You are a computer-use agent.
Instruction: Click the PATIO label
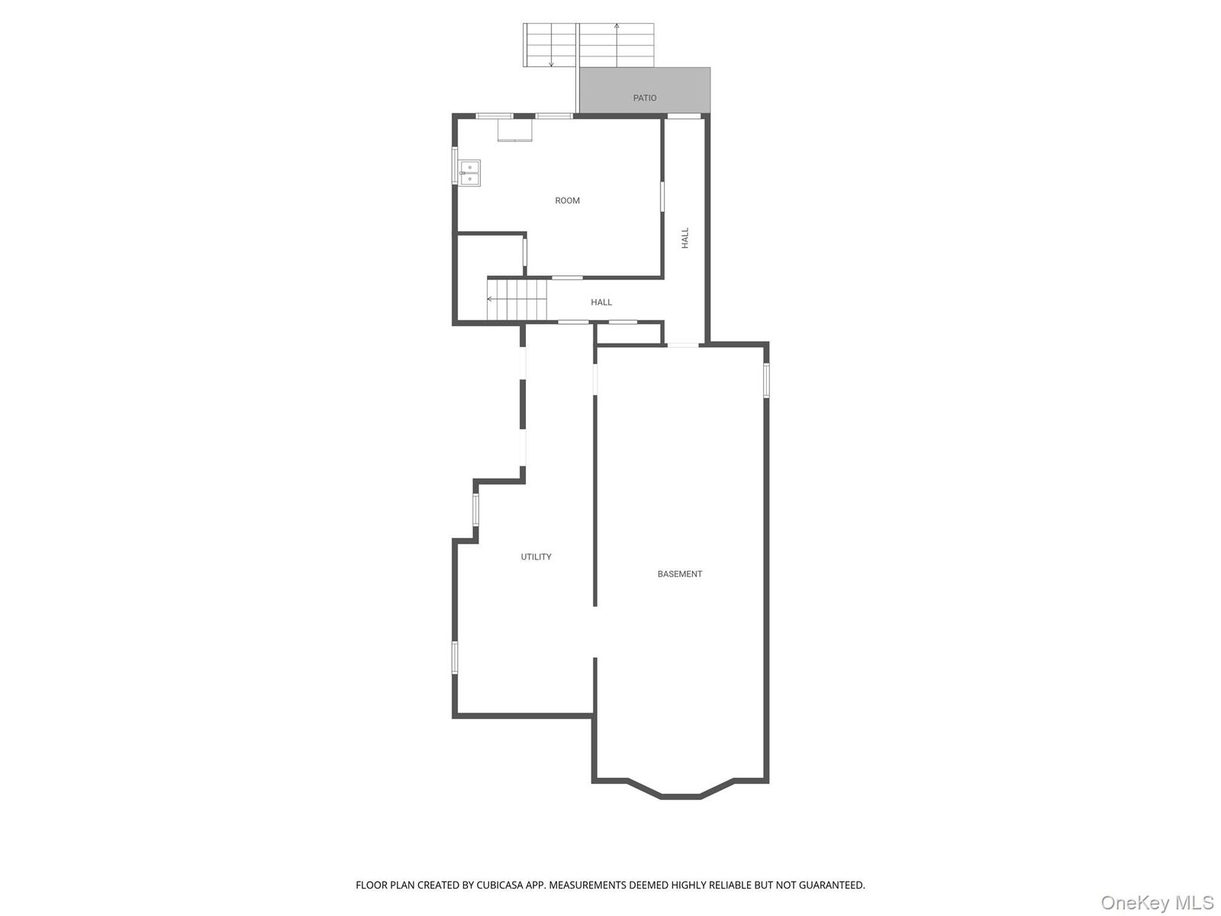point(645,98)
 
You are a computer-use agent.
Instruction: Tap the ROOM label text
point(567,201)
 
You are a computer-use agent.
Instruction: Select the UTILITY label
point(536,557)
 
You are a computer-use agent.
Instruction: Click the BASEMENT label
point(679,574)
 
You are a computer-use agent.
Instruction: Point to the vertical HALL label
point(685,237)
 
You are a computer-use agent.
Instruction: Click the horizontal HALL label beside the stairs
point(601,302)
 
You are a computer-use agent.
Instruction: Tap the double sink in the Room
point(469,173)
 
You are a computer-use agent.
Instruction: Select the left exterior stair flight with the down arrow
point(549,45)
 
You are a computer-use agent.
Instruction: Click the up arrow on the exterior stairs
point(617,31)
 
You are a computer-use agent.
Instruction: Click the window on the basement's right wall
point(766,380)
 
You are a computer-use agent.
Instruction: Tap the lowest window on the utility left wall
point(455,657)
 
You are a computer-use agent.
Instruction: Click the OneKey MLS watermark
point(1156,903)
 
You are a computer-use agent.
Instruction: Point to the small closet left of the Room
point(490,255)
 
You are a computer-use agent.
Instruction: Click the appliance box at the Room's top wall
point(515,130)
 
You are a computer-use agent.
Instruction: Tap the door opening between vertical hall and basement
point(683,345)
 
